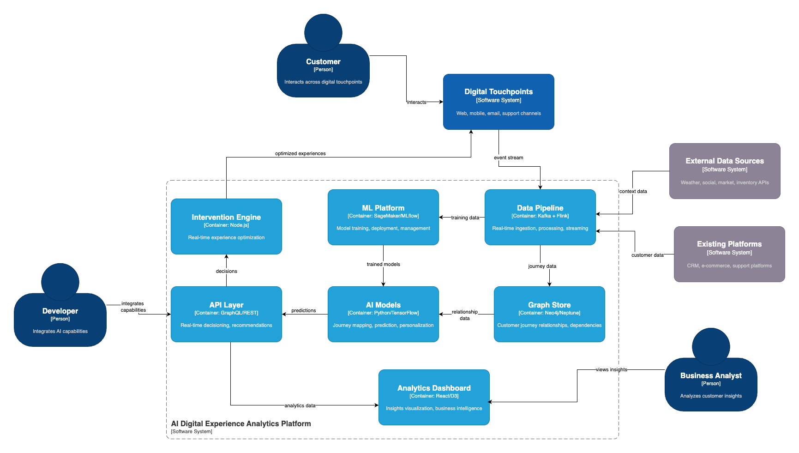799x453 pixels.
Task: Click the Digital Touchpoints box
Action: click(x=499, y=102)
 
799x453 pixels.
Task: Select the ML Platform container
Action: click(x=383, y=217)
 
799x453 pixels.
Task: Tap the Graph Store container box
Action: click(x=549, y=314)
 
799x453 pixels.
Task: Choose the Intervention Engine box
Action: click(x=226, y=226)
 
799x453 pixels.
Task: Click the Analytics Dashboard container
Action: click(x=434, y=397)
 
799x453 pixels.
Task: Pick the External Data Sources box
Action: click(x=725, y=171)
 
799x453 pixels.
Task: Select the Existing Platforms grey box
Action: click(x=729, y=254)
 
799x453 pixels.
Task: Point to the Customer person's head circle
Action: click(x=323, y=32)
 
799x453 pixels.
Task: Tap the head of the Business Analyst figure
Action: click(x=711, y=346)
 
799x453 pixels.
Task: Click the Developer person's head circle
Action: click(x=60, y=282)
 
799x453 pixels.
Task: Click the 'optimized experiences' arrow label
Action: click(x=300, y=153)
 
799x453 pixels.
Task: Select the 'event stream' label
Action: click(x=508, y=157)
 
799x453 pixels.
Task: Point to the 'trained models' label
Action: click(x=383, y=264)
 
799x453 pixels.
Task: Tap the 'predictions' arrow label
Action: click(x=303, y=310)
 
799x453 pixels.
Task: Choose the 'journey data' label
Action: click(x=542, y=266)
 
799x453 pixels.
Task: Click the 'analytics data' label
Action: click(x=300, y=405)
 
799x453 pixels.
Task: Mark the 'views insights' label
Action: click(x=611, y=369)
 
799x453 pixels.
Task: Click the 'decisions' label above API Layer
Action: click(x=226, y=271)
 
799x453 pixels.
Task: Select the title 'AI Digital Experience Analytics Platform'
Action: click(x=241, y=423)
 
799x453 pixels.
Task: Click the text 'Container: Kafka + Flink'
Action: click(x=540, y=216)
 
